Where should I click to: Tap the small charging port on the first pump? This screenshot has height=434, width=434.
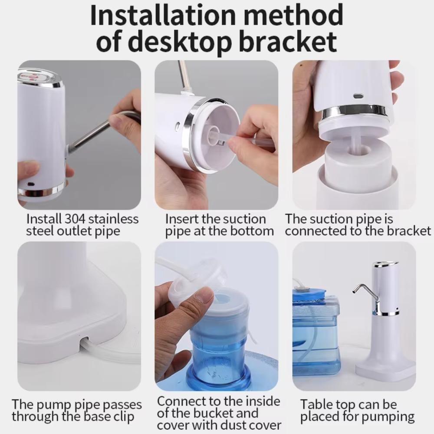tap(31, 184)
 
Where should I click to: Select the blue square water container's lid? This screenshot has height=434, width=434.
tap(309, 295)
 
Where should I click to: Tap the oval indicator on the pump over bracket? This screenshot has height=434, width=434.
tap(358, 95)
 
